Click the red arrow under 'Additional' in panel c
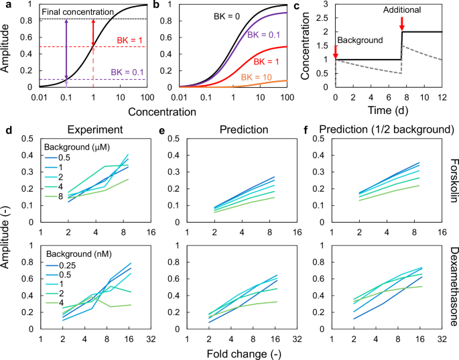coord(401,23)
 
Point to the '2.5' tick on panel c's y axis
coord(324,19)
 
